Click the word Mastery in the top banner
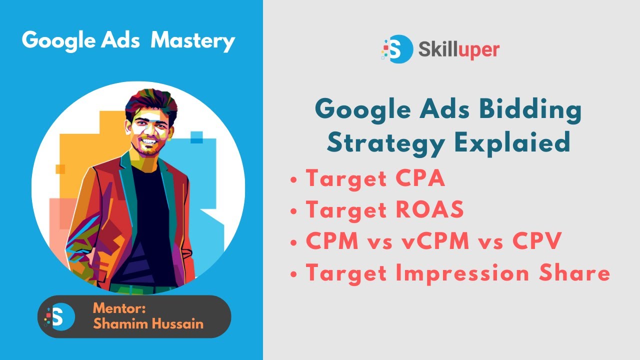point(192,40)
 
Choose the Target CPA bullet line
point(375,179)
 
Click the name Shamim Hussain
point(148,323)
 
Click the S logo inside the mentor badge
point(59,316)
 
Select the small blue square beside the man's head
point(196,136)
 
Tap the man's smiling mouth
point(148,142)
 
